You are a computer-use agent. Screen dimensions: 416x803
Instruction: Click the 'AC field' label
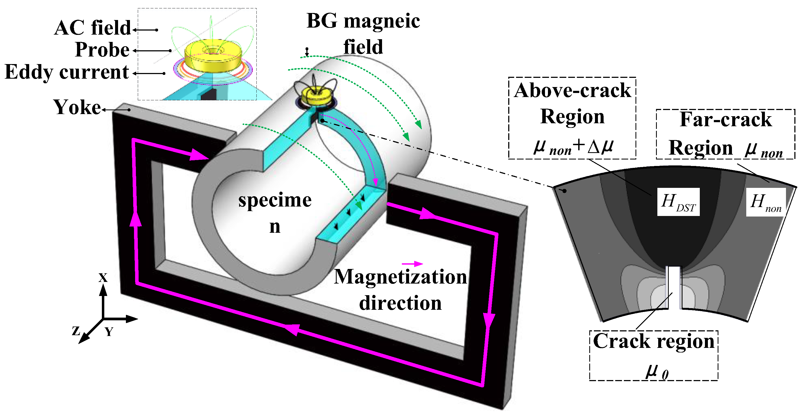pos(92,28)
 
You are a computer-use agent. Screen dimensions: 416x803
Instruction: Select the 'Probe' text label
pos(102,50)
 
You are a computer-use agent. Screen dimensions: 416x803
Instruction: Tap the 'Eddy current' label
pos(67,72)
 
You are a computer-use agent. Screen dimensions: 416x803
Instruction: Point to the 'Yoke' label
pos(77,108)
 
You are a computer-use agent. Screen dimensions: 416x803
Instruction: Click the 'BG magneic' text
pos(363,21)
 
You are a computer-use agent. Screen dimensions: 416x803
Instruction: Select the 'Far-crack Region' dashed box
pos(725,134)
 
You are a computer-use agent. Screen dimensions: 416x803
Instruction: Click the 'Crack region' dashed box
pos(653,355)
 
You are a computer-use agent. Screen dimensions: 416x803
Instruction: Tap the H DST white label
pos(678,202)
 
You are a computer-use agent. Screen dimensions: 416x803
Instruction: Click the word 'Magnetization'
pos(400,277)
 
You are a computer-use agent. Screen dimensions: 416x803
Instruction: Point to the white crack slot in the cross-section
pos(674,287)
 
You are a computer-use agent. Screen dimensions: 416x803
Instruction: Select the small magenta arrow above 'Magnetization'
pos(412,264)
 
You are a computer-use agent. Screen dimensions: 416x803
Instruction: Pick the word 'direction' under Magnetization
pos(400,303)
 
